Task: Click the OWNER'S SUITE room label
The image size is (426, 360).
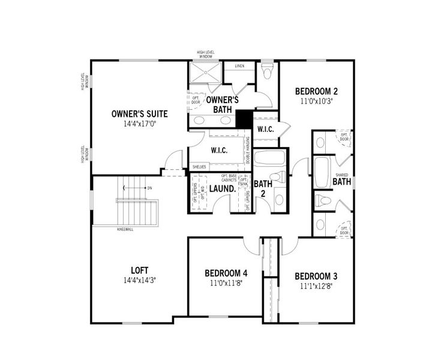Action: point(139,113)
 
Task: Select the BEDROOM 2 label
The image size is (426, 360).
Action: point(316,91)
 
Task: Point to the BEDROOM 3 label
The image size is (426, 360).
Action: point(316,276)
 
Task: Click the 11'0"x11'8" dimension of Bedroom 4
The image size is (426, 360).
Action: point(225,283)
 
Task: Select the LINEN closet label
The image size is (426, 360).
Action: point(239,67)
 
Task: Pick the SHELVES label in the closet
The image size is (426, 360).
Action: point(199,167)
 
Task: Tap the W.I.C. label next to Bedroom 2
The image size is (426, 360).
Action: point(265,130)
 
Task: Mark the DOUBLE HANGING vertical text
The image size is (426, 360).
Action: point(248,151)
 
